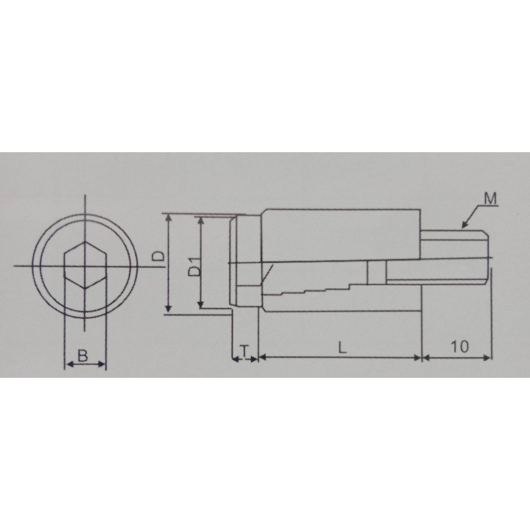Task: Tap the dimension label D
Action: click(158, 256)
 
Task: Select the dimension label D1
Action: click(195, 267)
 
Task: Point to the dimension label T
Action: click(244, 351)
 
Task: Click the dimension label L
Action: click(343, 347)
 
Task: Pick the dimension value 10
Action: click(460, 346)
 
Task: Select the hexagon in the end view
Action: click(85, 266)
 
